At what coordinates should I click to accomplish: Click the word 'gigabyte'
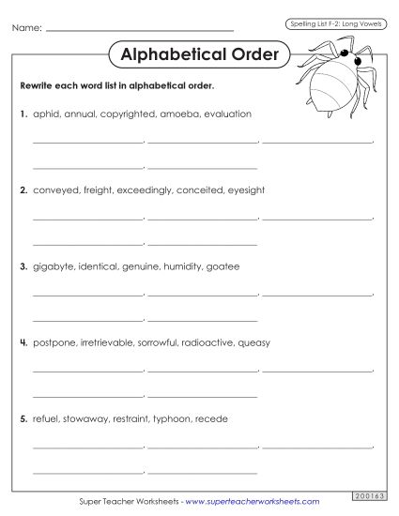click(53, 266)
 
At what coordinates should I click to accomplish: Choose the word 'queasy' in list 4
click(253, 342)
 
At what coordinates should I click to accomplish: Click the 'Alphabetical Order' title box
click(200, 54)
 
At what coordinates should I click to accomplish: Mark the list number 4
click(23, 342)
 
